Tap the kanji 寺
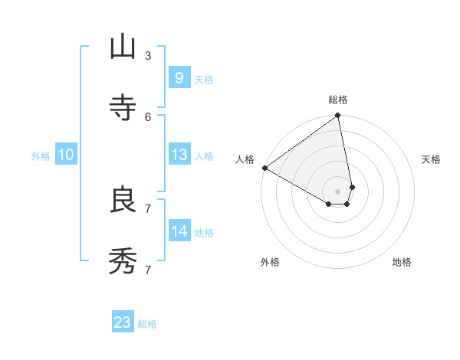(123, 108)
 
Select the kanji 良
(123, 201)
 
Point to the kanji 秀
(123, 262)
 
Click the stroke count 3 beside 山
(148, 55)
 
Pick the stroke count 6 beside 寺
(148, 116)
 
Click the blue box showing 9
(179, 77)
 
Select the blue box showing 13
(179, 155)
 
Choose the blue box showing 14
(179, 231)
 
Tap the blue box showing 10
(66, 155)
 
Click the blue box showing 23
(123, 322)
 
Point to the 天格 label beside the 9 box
(204, 79)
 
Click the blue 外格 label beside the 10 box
(41, 156)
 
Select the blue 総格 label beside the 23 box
(147, 324)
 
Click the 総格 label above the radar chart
(338, 100)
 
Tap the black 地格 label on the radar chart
(402, 262)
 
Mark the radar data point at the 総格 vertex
(338, 116)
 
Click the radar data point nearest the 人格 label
(264, 168)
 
